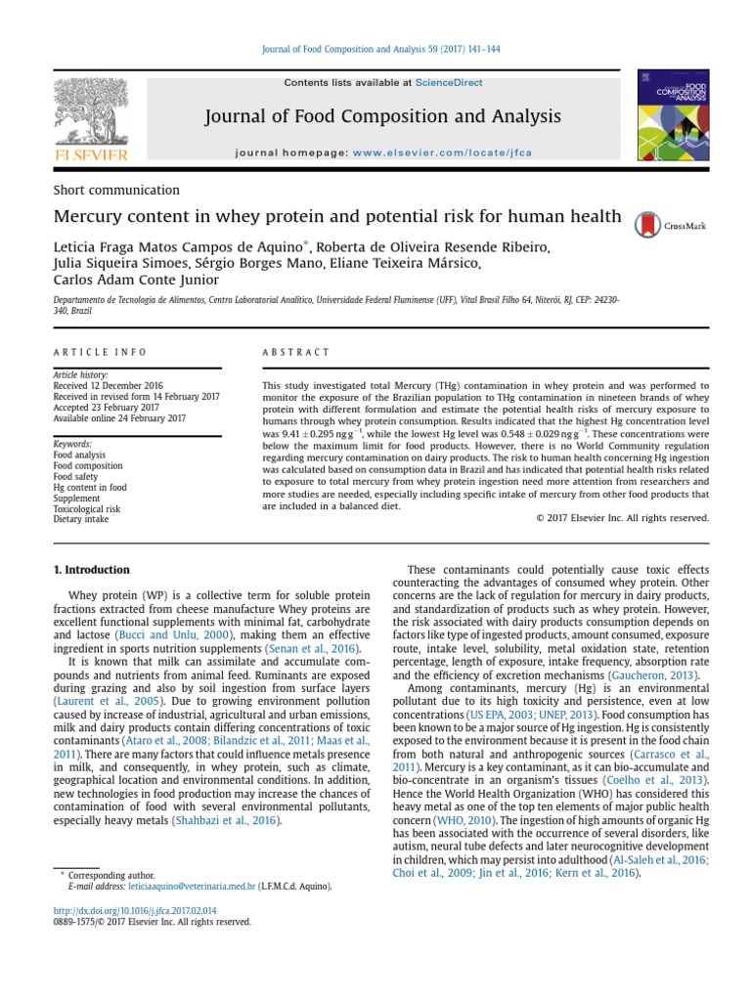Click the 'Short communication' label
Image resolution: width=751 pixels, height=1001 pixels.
[116, 190]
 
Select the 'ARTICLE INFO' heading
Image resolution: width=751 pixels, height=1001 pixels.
[100, 352]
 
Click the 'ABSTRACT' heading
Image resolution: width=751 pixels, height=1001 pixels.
[296, 352]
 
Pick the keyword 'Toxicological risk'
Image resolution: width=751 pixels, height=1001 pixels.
[87, 509]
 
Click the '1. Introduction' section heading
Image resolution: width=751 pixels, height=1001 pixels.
[91, 570]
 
